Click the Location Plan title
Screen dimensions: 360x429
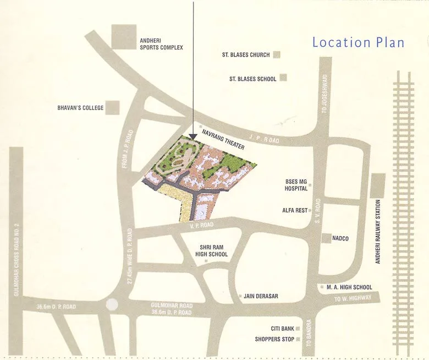point(358,42)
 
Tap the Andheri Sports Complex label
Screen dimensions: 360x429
point(161,44)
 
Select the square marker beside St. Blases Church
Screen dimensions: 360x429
point(277,54)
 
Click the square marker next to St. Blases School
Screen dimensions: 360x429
point(283,78)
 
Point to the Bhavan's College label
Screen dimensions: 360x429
point(80,108)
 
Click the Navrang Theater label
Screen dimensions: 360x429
point(223,139)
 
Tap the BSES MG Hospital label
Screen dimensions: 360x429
point(296,185)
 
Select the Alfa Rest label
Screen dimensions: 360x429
point(295,210)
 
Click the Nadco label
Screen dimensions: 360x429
point(341,238)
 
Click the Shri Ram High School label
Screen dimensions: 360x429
point(211,250)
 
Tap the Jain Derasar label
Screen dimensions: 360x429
point(261,296)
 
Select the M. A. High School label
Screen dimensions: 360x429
point(349,287)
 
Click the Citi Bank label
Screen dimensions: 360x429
point(282,328)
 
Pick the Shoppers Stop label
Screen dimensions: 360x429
point(274,339)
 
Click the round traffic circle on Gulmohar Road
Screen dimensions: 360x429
point(112,304)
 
